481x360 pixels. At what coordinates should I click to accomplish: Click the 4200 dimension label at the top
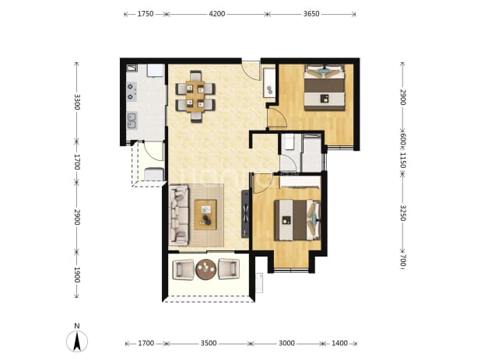pyautogui.click(x=217, y=14)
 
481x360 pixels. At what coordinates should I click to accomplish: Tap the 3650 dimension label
pyautogui.click(x=311, y=14)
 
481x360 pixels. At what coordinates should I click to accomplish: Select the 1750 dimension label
pyautogui.click(x=145, y=14)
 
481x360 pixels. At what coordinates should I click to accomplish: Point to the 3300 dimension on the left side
pyautogui.click(x=77, y=102)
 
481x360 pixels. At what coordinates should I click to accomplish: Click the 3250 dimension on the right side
pyautogui.click(x=402, y=213)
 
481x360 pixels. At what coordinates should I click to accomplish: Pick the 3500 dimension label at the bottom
pyautogui.click(x=209, y=343)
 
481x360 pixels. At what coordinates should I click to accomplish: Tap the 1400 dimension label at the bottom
pyautogui.click(x=339, y=343)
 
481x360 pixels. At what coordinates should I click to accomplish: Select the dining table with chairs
pyautogui.click(x=195, y=96)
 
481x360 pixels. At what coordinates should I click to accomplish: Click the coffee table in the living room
pyautogui.click(x=205, y=215)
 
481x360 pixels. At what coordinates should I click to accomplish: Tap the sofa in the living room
pyautogui.click(x=178, y=215)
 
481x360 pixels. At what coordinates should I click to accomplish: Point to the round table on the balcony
pyautogui.click(x=206, y=269)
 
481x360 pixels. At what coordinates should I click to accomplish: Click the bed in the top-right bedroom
pyautogui.click(x=325, y=87)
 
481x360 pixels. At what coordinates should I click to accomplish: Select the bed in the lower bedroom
pyautogui.click(x=297, y=220)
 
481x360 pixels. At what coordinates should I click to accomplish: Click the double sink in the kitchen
pyautogui.click(x=132, y=121)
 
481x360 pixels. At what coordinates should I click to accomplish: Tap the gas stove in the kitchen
pyautogui.click(x=132, y=92)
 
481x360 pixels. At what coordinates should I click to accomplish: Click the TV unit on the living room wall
pyautogui.click(x=245, y=214)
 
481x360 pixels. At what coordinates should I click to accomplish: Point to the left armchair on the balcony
pyautogui.click(x=183, y=269)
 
